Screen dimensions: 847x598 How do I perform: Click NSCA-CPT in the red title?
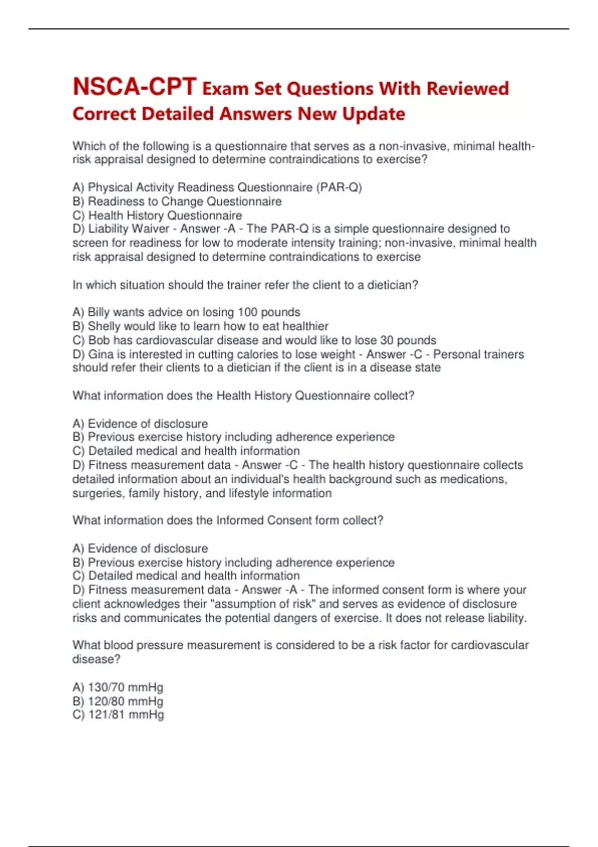coord(134,87)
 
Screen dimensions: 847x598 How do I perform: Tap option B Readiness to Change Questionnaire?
coord(177,201)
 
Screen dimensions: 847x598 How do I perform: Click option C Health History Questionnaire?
coord(157,215)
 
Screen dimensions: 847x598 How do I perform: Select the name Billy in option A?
coord(99,312)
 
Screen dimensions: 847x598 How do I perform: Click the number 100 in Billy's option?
coord(247,312)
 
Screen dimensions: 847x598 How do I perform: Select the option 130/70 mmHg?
coord(118,688)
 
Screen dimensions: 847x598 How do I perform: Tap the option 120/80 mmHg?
coord(118,702)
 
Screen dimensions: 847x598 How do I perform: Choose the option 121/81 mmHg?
coord(118,715)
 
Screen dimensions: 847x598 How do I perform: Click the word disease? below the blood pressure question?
coord(96,659)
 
